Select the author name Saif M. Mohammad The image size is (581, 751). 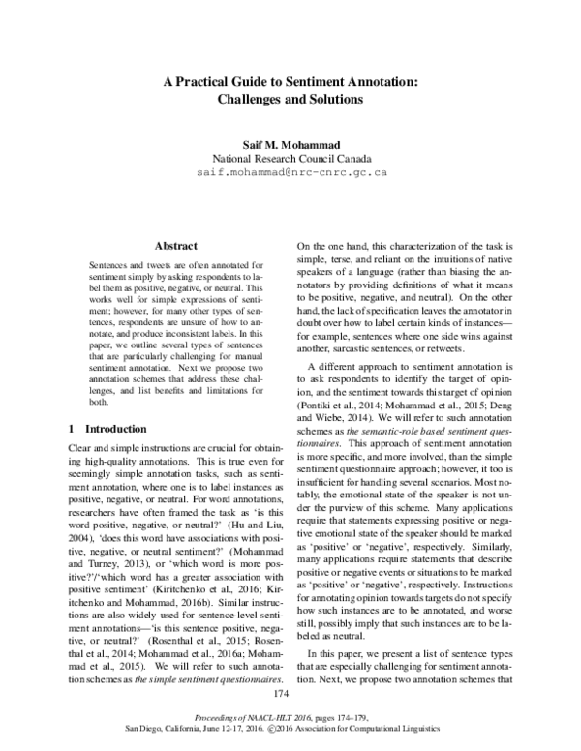tap(291, 141)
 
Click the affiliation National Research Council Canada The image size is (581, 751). tap(291, 157)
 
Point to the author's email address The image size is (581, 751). tap(291, 171)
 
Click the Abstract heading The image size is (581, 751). tap(175, 246)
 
